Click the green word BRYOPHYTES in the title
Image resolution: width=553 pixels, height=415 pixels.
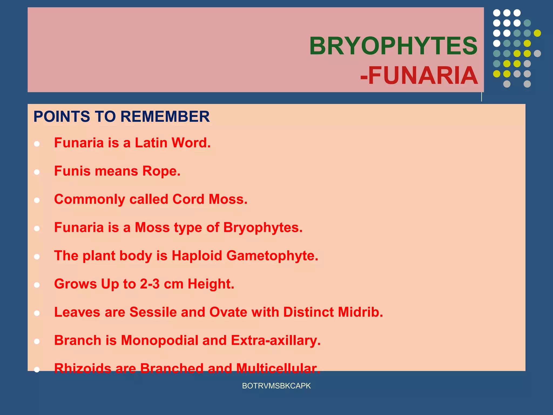(x=393, y=46)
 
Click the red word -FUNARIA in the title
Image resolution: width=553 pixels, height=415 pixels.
(x=419, y=76)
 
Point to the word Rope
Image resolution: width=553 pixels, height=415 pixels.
(x=161, y=171)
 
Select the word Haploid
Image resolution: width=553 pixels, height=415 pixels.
(x=197, y=256)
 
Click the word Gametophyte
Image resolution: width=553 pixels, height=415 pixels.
(x=272, y=256)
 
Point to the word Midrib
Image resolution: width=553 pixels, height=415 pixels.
(x=360, y=312)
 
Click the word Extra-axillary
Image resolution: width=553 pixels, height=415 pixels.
(x=275, y=340)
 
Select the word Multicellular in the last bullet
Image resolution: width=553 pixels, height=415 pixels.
(x=278, y=368)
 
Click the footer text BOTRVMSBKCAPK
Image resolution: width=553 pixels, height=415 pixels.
(x=276, y=386)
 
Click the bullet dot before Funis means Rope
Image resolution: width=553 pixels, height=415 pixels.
(x=37, y=172)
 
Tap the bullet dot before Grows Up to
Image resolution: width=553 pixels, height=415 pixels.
(x=37, y=285)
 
